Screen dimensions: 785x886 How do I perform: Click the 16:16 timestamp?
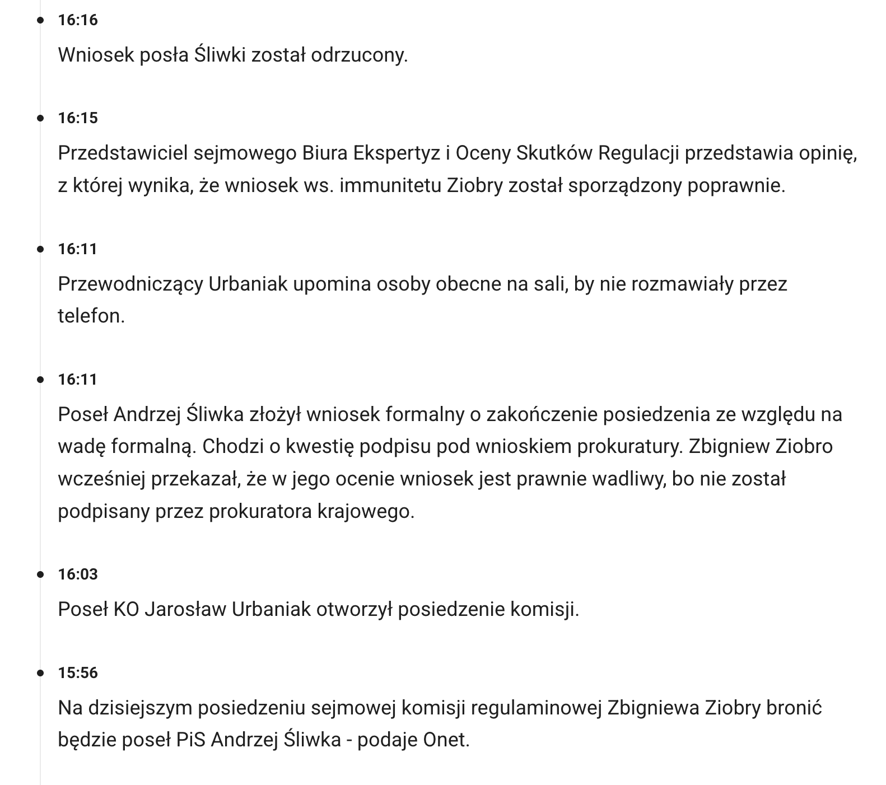78,20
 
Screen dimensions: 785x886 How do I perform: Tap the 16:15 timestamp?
78,118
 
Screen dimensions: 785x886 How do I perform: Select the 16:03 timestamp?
78,574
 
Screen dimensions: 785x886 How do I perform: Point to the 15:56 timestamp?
78,672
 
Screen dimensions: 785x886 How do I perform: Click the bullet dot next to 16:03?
40,574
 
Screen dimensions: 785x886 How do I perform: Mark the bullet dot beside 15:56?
40,672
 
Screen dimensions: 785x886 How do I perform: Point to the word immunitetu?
390,185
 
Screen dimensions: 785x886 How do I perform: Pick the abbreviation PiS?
191,740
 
